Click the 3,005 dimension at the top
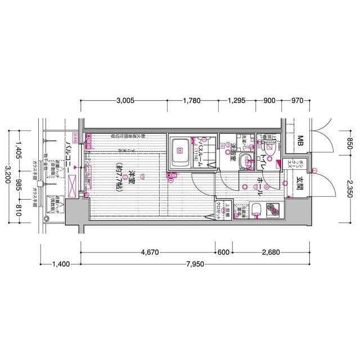(125, 101)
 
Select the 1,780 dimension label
(192, 101)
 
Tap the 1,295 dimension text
(237, 101)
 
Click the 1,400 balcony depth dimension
(62, 264)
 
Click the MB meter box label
(300, 140)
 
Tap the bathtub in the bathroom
(180, 150)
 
